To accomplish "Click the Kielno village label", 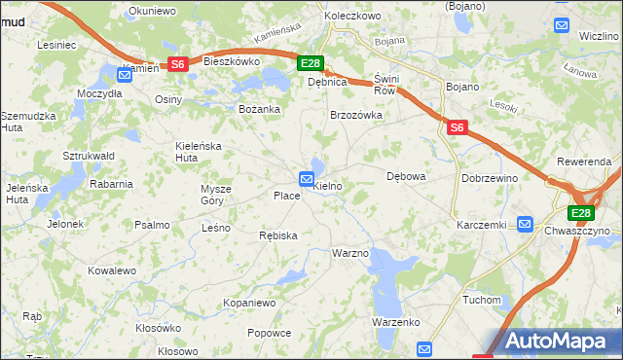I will [x=329, y=185].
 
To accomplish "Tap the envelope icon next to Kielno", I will [x=307, y=179].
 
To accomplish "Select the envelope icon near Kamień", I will [x=125, y=74].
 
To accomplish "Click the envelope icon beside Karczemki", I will [x=527, y=223].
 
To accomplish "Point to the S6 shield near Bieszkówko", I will [x=177, y=64].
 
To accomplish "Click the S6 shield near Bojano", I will [x=458, y=126].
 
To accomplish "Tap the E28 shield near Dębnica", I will [x=310, y=64].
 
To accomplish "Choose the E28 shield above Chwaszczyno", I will [x=581, y=214].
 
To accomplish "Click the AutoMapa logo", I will [x=554, y=341].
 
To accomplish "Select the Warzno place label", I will [x=350, y=253].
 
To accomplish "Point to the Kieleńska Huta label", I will [x=199, y=151].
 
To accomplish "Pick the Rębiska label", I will [x=278, y=235].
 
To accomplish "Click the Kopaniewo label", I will [x=250, y=304].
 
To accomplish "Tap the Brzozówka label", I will [x=356, y=115].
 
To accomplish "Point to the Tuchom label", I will [x=481, y=300].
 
